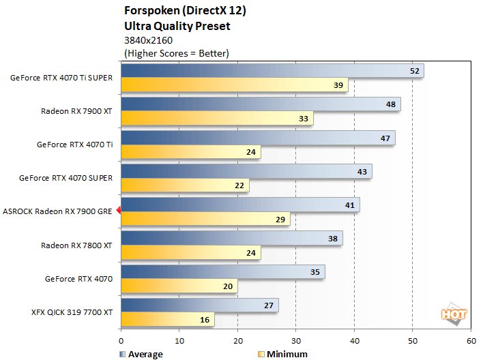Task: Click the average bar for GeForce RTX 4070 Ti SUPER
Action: click(x=272, y=71)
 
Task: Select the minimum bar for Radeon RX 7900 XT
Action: click(x=217, y=119)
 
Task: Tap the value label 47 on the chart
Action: click(x=385, y=138)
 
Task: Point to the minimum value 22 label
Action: click(x=239, y=185)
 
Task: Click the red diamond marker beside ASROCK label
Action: click(x=119, y=211)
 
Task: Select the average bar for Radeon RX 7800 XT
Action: click(x=231, y=238)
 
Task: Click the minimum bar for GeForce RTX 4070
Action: click(x=179, y=286)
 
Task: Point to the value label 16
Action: click(x=205, y=319)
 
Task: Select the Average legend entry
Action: click(x=143, y=354)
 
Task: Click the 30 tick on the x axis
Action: click(x=295, y=340)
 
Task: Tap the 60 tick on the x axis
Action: click(x=470, y=340)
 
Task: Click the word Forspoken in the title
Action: click(x=149, y=12)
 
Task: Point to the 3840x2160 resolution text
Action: click(x=149, y=40)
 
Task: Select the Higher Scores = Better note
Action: click(x=176, y=53)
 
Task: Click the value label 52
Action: click(x=414, y=71)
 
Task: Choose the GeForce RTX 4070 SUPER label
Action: click(x=65, y=178)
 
